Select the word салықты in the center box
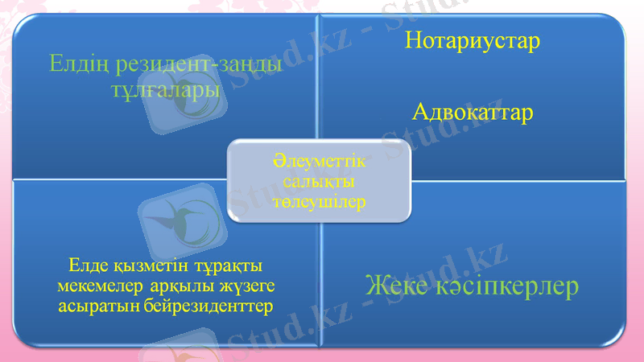[320, 183]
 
